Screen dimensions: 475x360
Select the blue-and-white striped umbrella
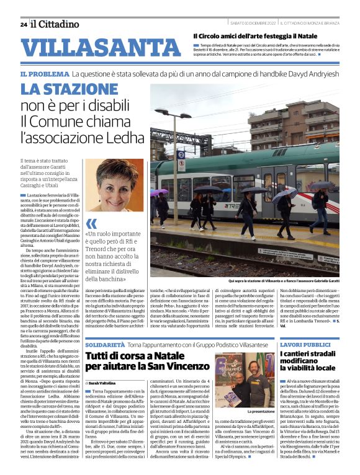[285, 195]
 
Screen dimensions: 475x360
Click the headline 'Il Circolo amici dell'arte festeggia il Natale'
[263, 36]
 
